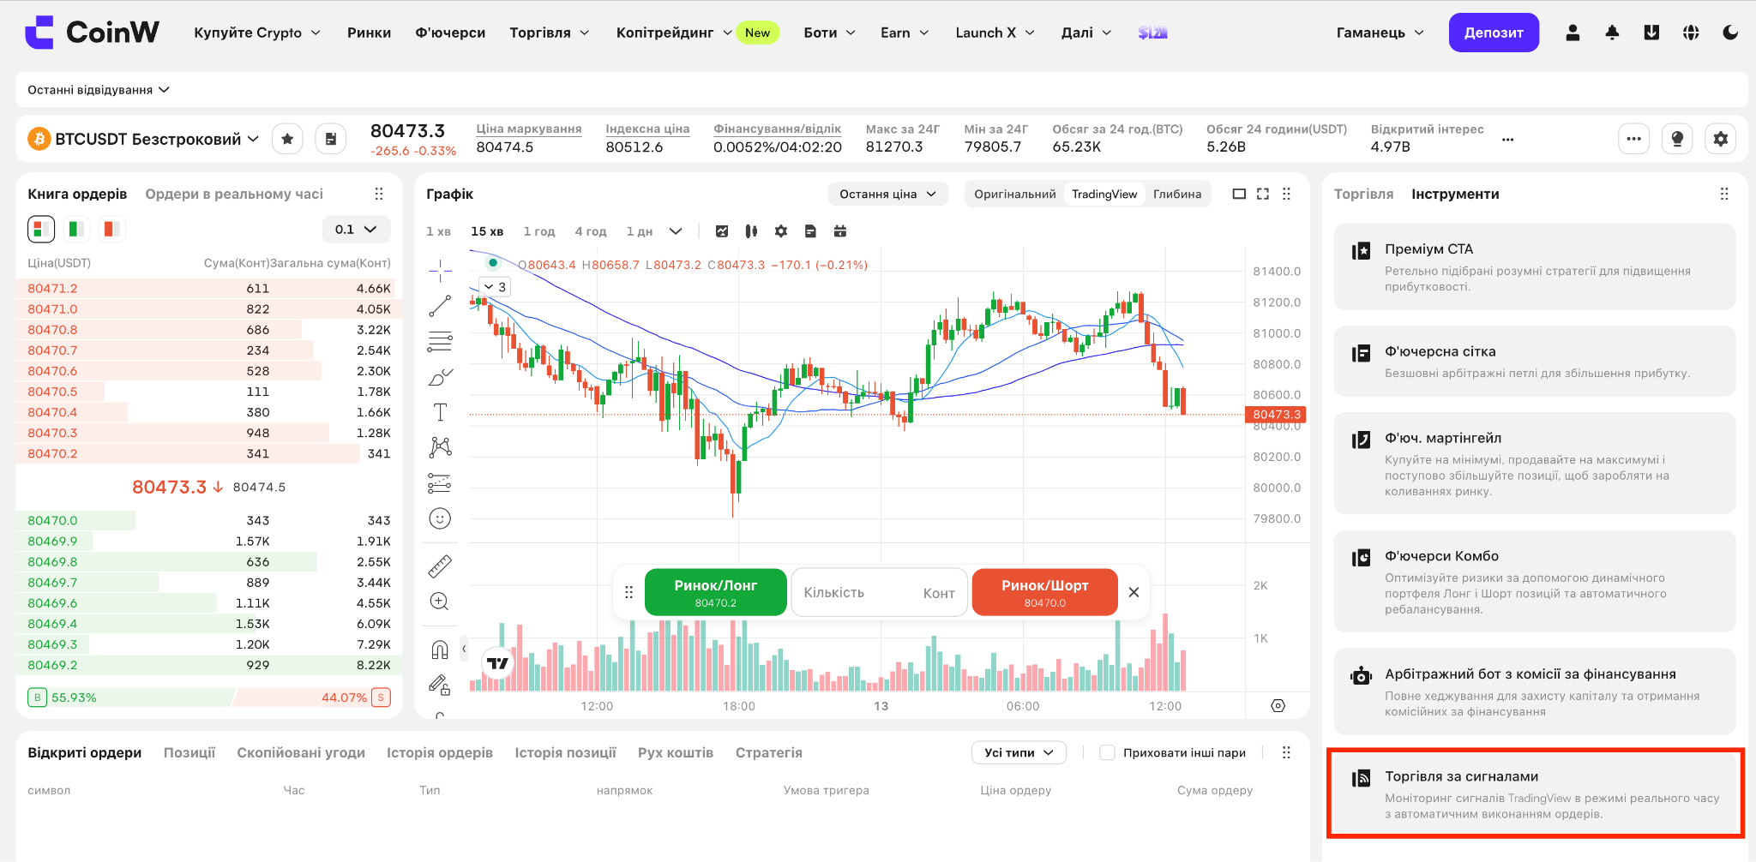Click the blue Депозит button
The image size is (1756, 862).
[1494, 33]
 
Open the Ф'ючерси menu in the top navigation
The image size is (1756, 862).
[450, 33]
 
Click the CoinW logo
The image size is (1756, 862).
[92, 33]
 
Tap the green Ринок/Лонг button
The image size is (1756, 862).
[715, 592]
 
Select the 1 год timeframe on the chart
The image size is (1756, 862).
[539, 231]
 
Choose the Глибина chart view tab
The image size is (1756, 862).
[1177, 194]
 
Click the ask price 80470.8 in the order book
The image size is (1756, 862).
[52, 330]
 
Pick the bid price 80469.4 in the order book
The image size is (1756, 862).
[52, 624]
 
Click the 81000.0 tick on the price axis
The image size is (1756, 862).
[1277, 333]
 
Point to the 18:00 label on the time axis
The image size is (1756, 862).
[739, 706]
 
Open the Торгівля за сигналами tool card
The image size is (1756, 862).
[1535, 793]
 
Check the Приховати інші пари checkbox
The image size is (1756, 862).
[1107, 752]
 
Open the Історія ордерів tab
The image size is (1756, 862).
[440, 752]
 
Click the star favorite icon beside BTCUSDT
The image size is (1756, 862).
[287, 139]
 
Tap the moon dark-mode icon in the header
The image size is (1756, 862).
[1730, 33]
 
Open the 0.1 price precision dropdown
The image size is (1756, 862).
[356, 230]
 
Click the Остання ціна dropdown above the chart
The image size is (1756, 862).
[887, 194]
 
